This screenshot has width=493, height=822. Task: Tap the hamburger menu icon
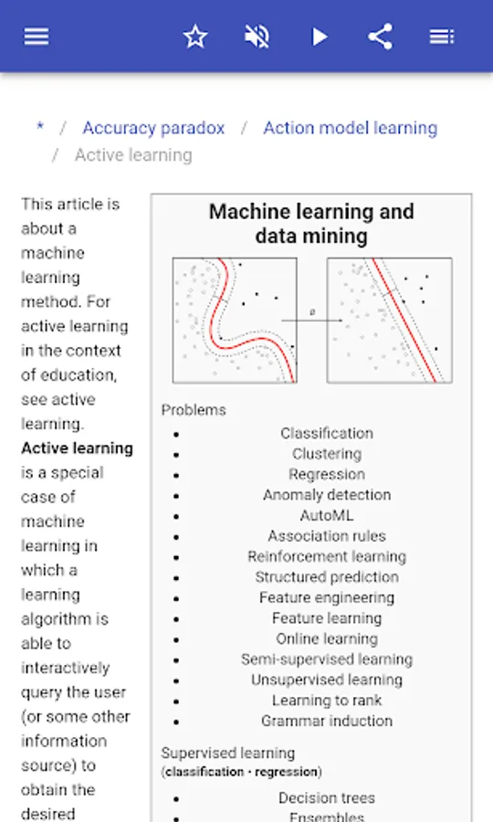[37, 37]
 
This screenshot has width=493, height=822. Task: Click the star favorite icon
[195, 37]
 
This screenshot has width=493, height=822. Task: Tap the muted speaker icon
[257, 37]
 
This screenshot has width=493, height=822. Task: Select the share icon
[381, 37]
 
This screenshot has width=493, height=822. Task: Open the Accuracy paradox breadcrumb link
[153, 128]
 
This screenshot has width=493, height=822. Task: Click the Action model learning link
[350, 128]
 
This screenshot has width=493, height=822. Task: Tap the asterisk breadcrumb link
[40, 126]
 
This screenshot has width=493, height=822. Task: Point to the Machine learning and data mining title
[311, 224]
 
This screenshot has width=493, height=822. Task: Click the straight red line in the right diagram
[404, 320]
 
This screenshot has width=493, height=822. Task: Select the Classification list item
[327, 433]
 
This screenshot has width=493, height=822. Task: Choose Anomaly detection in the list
[327, 495]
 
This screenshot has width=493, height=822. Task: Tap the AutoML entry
[327, 515]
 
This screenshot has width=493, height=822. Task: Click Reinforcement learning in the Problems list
[327, 556]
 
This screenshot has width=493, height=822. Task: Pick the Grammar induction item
[327, 721]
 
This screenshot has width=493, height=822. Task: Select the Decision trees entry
[327, 798]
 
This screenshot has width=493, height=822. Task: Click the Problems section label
[194, 410]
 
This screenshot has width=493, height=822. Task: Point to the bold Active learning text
[77, 448]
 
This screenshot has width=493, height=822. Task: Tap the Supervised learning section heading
[228, 753]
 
